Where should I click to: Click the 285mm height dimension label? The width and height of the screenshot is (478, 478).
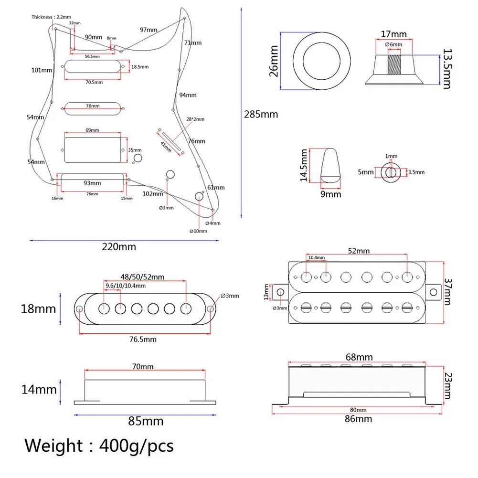[x=261, y=115]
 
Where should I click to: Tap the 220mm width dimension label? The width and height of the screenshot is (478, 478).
[x=119, y=247]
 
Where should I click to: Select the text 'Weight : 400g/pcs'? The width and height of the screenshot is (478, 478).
[x=99, y=446]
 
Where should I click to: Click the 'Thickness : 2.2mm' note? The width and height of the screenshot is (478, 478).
[x=50, y=17]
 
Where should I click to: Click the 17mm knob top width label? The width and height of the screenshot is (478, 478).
[x=393, y=34]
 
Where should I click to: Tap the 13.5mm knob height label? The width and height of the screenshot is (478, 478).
[x=446, y=68]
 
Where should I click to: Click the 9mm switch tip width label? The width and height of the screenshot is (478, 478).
[x=331, y=194]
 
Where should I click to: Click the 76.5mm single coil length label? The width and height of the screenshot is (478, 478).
[x=143, y=339]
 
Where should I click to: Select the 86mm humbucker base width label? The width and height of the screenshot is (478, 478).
[x=359, y=419]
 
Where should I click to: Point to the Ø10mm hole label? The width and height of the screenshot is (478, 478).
[x=199, y=231]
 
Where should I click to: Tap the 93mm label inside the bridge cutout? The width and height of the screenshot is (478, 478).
[x=92, y=183]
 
